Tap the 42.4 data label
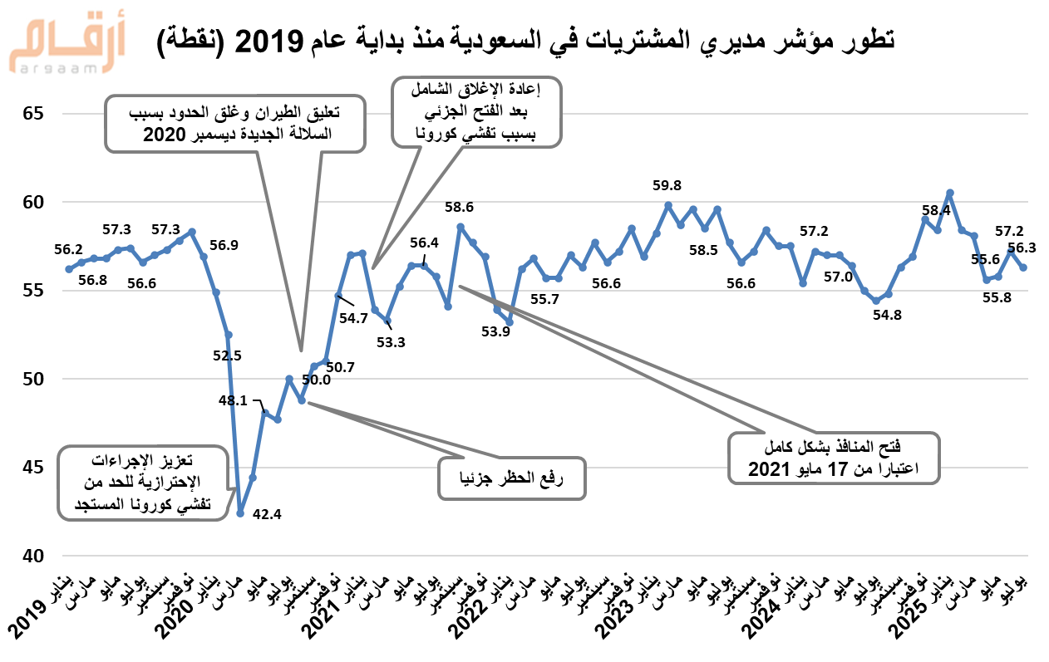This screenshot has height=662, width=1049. (x=266, y=514)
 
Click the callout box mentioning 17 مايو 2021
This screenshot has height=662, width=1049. (x=833, y=457)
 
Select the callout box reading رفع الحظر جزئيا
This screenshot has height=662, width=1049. (x=512, y=478)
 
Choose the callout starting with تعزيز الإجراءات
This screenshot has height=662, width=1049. (x=141, y=482)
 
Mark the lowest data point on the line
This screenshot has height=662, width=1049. (x=240, y=513)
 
